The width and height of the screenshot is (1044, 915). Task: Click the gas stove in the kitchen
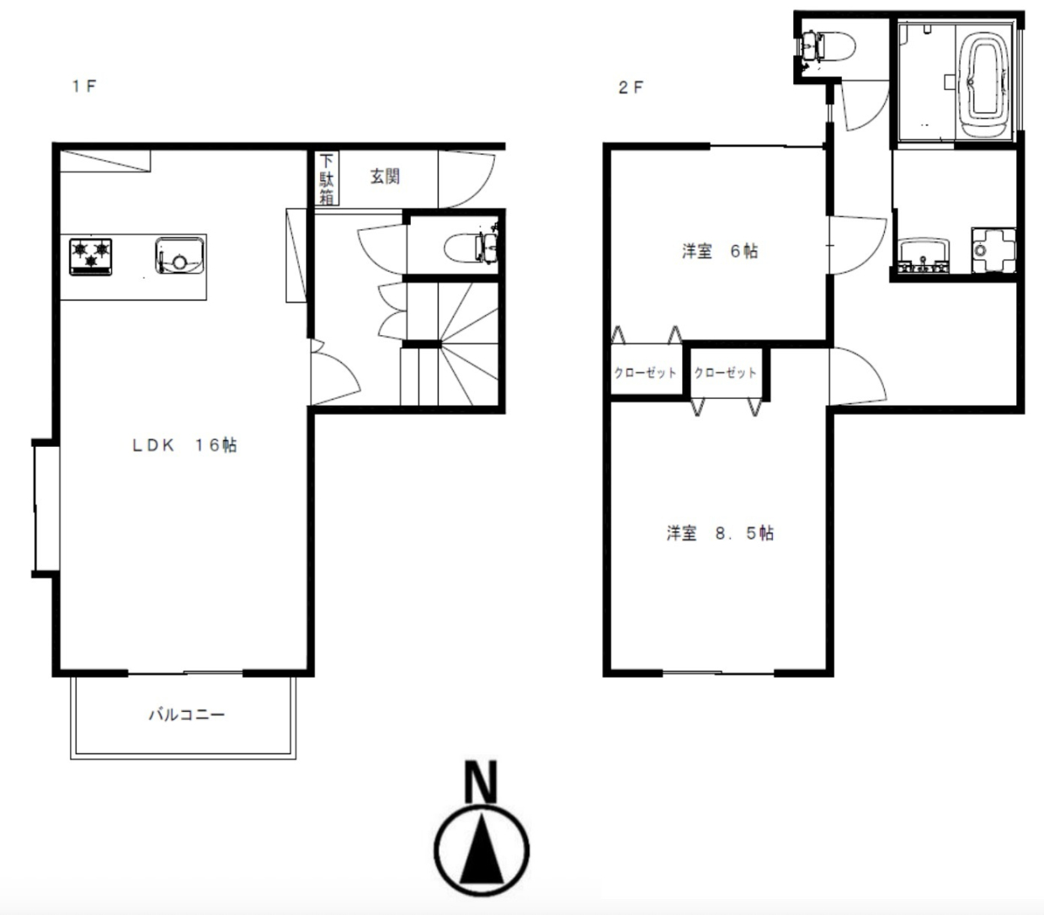[91, 257]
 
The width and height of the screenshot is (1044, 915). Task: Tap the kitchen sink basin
[179, 256]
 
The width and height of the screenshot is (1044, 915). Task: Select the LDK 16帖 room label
[185, 445]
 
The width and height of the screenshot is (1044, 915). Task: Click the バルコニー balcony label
[187, 715]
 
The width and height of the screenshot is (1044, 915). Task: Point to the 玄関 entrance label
[385, 177]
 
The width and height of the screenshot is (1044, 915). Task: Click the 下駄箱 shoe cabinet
[327, 178]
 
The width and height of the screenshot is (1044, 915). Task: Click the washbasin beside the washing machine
[924, 256]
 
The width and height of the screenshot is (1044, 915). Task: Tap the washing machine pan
[994, 250]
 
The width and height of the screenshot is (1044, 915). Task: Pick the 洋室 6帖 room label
[720, 252]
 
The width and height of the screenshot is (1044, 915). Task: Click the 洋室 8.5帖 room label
[720, 533]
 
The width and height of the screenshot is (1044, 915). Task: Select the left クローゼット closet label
[645, 373]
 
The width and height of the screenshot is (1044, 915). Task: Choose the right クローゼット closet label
[725, 373]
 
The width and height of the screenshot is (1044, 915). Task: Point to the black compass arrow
[482, 849]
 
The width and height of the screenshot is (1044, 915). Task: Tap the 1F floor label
[84, 86]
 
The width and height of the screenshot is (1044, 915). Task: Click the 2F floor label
[631, 88]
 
